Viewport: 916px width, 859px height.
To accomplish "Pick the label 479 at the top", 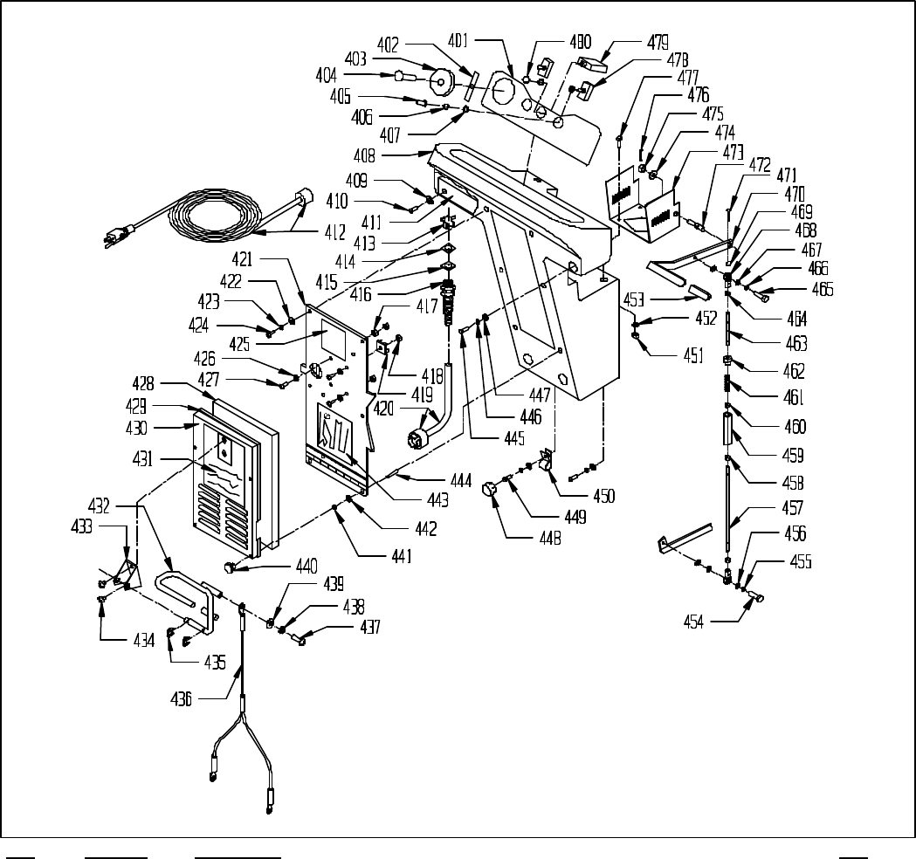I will coord(658,41).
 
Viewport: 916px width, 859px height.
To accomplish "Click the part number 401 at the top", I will coord(459,39).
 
